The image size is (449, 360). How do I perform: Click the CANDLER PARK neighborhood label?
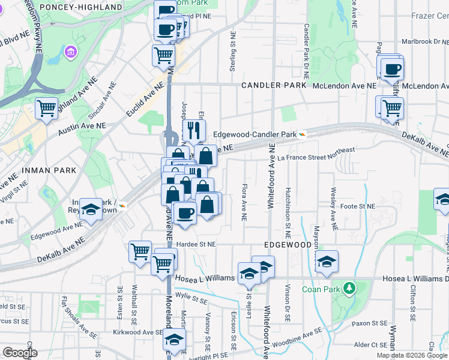[274, 86]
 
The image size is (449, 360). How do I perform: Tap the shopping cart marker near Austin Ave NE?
[46, 109]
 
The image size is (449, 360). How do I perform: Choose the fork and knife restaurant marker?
[193, 130]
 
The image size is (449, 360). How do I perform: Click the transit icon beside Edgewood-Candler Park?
[303, 134]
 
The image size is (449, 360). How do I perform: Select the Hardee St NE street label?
[194, 244]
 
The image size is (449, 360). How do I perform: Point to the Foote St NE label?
[358, 206]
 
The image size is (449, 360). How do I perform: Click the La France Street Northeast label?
[316, 154]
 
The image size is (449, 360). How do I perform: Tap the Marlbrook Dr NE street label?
[424, 42]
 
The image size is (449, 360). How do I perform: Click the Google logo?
[20, 353]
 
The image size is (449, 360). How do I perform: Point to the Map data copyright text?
[411, 355]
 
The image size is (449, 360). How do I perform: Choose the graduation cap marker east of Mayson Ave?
[326, 261]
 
